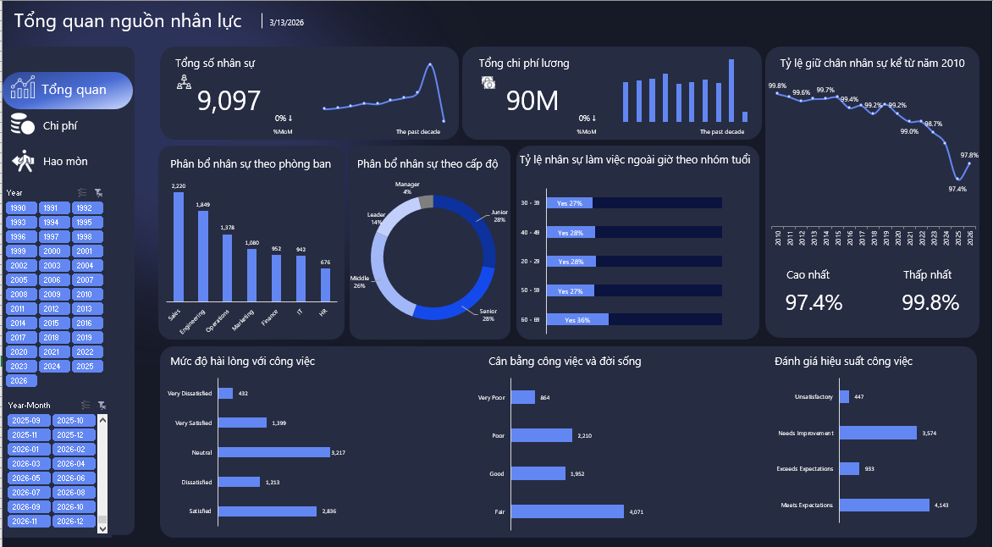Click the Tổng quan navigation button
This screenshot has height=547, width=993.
(68, 90)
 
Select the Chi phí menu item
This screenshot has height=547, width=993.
(59, 125)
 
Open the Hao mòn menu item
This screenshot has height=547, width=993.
(64, 161)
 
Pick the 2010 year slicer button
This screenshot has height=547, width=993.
(84, 295)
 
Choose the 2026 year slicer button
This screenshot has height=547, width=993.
(19, 381)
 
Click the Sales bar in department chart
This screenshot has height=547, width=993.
(178, 246)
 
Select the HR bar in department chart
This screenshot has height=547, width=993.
(325, 285)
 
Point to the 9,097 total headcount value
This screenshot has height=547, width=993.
(229, 102)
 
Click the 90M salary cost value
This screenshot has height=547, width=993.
(532, 101)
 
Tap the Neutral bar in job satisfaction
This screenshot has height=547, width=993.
(273, 452)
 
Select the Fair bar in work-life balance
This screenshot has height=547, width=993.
(567, 511)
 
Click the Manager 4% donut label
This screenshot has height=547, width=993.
(407, 188)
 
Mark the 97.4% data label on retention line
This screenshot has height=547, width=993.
(957, 189)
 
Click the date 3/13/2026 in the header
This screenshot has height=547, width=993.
(286, 23)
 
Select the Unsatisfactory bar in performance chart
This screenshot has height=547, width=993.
(845, 396)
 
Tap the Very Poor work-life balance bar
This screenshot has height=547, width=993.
(522, 397)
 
